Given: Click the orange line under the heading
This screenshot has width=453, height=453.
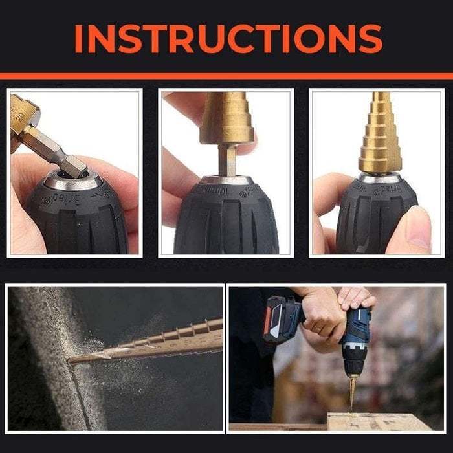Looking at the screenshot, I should (226, 76).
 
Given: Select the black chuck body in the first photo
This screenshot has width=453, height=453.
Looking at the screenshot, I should (74, 220).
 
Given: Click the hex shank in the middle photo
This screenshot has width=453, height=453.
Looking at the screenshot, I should (227, 159).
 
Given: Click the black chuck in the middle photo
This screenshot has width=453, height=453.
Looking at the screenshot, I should (226, 223).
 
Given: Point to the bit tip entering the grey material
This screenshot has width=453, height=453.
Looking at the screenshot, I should (74, 358).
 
